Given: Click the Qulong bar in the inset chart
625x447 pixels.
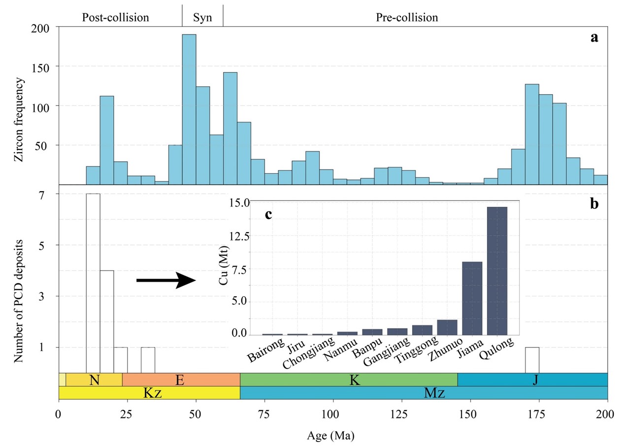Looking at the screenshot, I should (x=496, y=271).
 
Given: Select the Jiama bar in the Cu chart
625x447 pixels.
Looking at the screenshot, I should (x=472, y=298).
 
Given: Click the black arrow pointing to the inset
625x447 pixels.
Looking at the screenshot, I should (x=166, y=280).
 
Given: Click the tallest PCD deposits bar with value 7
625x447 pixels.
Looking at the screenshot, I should (x=93, y=283).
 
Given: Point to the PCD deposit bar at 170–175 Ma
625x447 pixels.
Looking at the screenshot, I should (x=532, y=360).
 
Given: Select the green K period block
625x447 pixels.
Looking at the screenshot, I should (x=348, y=379).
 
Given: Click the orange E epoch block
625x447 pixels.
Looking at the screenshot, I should (x=181, y=379).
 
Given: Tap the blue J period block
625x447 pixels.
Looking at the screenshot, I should (x=532, y=379).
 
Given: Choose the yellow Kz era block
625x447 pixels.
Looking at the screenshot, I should (x=149, y=393).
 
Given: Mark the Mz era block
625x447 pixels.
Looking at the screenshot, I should (x=424, y=393).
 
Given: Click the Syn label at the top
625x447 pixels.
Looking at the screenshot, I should (x=202, y=18).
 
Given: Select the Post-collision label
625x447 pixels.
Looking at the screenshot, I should (x=115, y=18).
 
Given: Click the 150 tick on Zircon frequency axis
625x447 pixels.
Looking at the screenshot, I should (x=43, y=67).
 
